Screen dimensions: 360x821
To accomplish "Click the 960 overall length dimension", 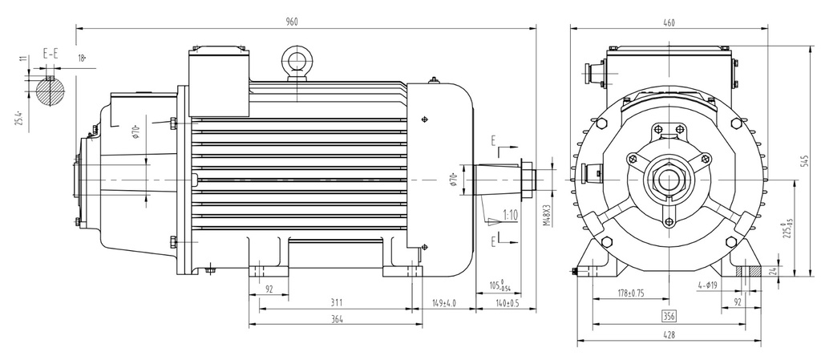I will [x=292, y=22].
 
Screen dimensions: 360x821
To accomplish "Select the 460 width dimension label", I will [x=669, y=22].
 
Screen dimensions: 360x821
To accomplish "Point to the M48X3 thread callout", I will [x=548, y=210].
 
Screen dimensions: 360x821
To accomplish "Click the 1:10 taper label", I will [x=509, y=215].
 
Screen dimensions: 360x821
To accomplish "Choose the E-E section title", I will [x=50, y=54].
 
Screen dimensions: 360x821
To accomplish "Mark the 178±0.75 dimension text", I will [x=631, y=293].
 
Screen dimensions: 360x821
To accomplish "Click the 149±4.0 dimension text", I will [x=443, y=303].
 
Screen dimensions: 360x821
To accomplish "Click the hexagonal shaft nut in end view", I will [x=667, y=180].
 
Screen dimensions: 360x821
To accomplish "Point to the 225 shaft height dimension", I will [x=790, y=229].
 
